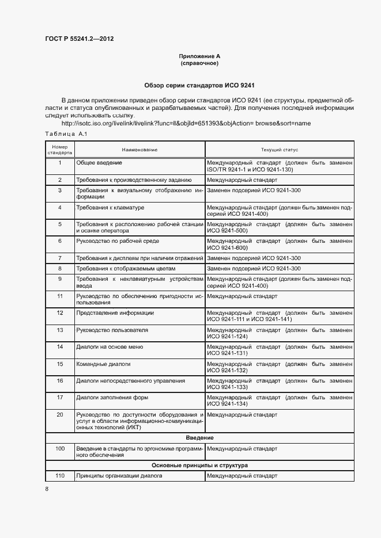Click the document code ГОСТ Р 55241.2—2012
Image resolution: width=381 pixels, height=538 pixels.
(x=83, y=39)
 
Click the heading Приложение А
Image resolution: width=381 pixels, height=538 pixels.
(x=199, y=56)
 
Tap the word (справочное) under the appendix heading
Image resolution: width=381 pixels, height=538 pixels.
(x=199, y=63)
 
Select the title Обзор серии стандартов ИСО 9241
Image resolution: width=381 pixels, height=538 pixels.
(x=199, y=85)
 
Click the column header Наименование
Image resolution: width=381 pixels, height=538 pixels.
(x=139, y=150)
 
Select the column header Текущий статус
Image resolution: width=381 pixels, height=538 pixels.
(x=279, y=150)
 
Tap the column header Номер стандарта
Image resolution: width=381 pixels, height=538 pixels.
(x=59, y=150)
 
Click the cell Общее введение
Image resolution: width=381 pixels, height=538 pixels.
(x=99, y=163)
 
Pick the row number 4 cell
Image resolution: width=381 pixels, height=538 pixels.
(x=59, y=207)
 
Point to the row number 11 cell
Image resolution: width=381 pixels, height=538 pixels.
(x=59, y=296)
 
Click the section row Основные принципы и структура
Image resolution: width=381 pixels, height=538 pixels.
(x=199, y=465)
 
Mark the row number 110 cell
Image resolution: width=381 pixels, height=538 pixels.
(x=59, y=476)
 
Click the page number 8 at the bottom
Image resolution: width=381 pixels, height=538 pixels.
(x=47, y=489)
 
